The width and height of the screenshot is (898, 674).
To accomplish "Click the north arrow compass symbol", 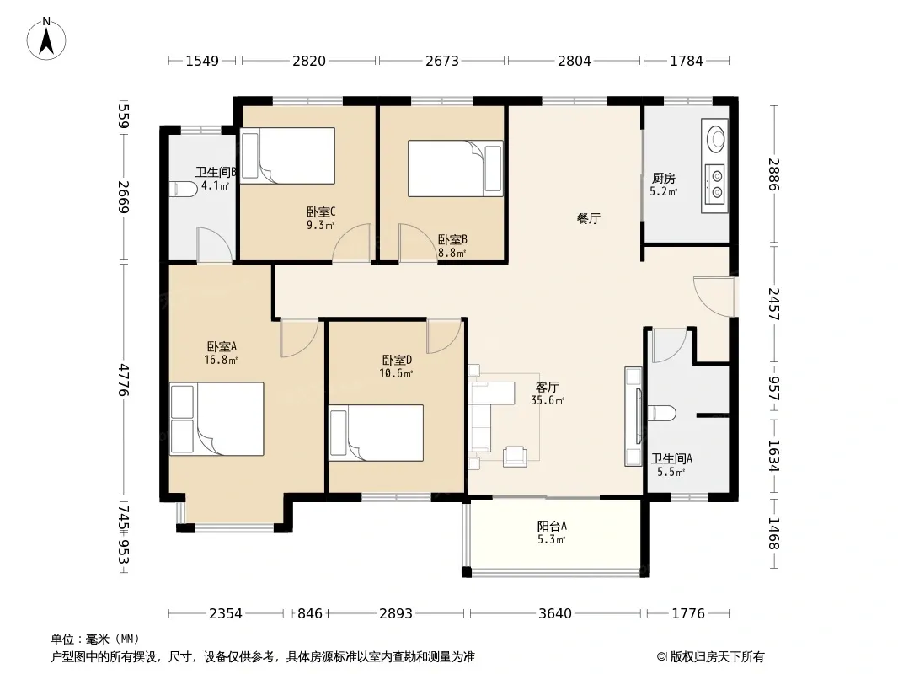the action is (x=46, y=39).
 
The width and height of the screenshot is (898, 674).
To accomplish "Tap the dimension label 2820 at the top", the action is (x=308, y=61).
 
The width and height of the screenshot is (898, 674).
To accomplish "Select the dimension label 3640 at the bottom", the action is (x=555, y=614).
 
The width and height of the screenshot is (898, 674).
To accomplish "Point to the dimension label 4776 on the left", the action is (x=124, y=379).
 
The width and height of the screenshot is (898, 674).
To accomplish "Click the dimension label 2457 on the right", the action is (x=773, y=303).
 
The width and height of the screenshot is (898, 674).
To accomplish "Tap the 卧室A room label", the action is (x=222, y=346).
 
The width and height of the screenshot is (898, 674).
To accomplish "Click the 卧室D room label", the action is (x=397, y=361).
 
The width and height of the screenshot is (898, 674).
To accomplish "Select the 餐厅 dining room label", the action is (x=589, y=218).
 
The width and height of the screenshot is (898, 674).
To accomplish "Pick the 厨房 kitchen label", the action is (x=663, y=178).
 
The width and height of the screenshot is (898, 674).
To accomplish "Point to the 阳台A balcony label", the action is (x=552, y=526).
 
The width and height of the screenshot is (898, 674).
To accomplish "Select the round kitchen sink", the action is (x=715, y=138).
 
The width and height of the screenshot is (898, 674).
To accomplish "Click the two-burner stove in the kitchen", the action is (x=715, y=185).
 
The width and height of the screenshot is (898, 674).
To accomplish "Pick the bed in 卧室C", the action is (x=287, y=155).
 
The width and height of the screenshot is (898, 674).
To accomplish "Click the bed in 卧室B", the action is (x=455, y=168).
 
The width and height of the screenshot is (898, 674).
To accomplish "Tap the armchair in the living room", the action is (x=515, y=457).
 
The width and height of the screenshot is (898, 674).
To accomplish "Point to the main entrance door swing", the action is (x=714, y=296).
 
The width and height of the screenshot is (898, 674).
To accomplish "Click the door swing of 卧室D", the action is (x=444, y=336).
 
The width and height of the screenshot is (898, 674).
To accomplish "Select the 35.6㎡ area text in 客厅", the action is (x=548, y=401).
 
